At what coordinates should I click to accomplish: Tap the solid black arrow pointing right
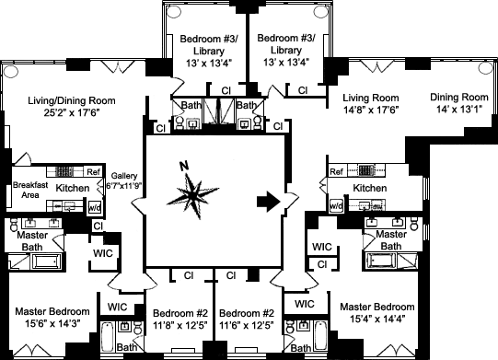269,202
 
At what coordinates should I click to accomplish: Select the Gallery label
124,176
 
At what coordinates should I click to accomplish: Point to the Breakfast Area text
30,190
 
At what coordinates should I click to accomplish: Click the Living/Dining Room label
72,100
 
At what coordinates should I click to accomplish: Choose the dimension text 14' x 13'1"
459,110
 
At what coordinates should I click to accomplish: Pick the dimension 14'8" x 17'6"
371,110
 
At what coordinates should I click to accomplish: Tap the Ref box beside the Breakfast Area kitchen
93,172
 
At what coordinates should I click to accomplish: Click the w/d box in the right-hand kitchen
336,206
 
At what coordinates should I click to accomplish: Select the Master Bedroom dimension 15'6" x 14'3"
52,323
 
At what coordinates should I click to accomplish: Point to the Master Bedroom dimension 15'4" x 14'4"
377,319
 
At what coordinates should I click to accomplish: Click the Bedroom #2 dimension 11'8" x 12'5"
180,325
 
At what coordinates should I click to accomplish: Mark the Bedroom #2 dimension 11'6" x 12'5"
246,325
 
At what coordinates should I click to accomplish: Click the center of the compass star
192,195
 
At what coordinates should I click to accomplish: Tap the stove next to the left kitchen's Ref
64,171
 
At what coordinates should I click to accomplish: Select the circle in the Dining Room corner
485,68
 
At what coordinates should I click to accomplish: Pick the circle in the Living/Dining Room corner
10,71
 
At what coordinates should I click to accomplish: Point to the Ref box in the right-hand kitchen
336,171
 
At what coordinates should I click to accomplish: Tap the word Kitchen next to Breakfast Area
73,188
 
